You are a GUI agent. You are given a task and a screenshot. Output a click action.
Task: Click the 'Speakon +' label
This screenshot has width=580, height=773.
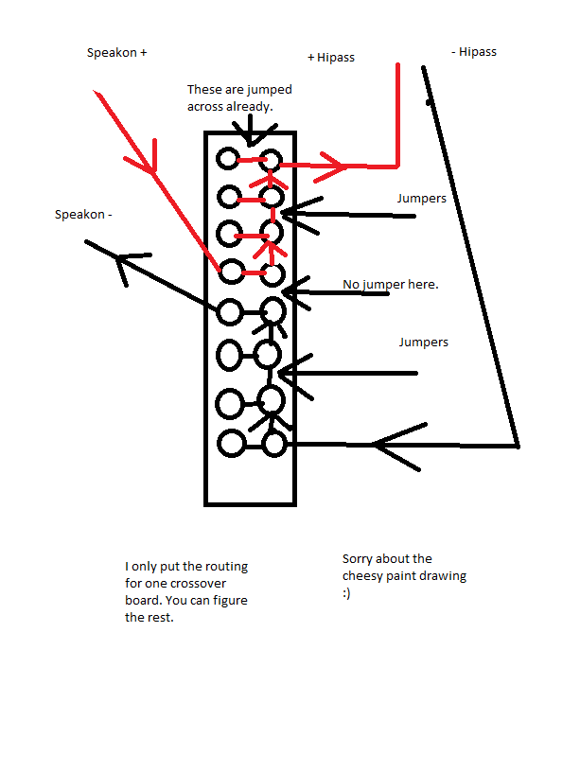click(117, 53)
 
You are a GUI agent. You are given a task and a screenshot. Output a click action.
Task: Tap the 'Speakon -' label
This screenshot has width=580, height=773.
click(83, 215)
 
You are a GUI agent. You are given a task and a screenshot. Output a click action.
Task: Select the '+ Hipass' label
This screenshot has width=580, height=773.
click(331, 58)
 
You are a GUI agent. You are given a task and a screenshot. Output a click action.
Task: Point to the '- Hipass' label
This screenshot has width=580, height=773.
click(474, 52)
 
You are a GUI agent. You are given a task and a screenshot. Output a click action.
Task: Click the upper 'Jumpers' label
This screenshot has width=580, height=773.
click(422, 199)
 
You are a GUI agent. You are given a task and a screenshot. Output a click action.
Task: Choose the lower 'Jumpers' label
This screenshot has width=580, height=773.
click(424, 343)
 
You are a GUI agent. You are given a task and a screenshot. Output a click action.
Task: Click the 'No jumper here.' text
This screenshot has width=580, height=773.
click(391, 285)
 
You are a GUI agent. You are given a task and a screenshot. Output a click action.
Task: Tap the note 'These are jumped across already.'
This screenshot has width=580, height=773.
click(239, 97)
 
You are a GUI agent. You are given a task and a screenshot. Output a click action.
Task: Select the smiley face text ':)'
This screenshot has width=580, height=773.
click(346, 593)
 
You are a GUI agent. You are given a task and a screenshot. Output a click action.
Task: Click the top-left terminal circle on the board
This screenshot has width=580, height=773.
click(228, 159)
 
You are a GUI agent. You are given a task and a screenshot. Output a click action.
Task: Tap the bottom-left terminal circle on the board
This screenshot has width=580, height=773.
click(231, 443)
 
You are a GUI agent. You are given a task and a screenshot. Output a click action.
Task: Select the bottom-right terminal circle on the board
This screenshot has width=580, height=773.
click(274, 444)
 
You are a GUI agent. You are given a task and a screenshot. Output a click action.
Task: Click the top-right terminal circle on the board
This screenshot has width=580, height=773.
click(271, 160)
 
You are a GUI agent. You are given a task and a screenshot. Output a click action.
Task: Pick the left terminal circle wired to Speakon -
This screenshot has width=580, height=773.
click(230, 312)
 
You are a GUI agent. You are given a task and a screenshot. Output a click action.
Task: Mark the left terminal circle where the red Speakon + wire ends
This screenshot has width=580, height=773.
click(232, 272)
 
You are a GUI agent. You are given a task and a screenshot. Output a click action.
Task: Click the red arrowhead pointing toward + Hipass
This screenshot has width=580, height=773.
click(331, 167)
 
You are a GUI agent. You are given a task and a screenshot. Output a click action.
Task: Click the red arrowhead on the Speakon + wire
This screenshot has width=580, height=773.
click(142, 157)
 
